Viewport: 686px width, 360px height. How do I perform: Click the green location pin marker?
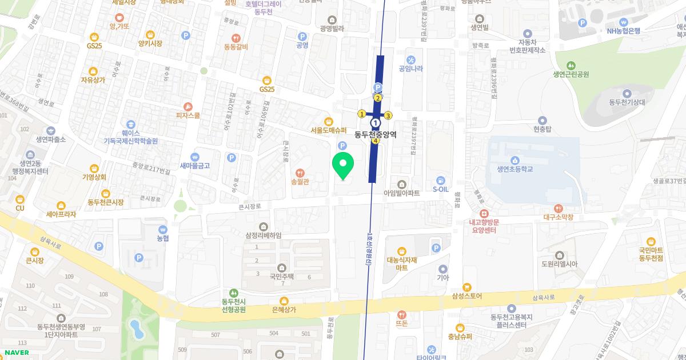tap(343, 165)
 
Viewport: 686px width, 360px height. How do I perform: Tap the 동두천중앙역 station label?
tap(376, 135)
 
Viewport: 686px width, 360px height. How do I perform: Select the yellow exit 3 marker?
tap(388, 115)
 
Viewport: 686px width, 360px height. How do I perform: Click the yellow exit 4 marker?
tap(376, 141)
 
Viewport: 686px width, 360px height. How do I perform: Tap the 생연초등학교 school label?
tap(514, 169)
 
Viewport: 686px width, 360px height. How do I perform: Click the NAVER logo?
tap(16, 353)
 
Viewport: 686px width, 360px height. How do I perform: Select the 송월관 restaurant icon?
tap(300, 173)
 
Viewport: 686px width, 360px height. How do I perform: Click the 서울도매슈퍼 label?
tap(329, 130)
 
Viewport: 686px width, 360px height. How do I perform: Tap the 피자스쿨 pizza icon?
tap(188, 106)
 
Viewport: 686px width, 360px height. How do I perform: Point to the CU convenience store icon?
tap(20, 199)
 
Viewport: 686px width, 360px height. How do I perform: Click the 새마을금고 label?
tap(195, 166)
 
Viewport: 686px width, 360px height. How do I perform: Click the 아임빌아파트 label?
tap(401, 194)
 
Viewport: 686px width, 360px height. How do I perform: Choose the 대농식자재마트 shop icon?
tap(401, 251)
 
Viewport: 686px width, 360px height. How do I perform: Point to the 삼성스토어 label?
tap(467, 296)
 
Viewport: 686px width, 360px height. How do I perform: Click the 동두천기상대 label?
tap(627, 102)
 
